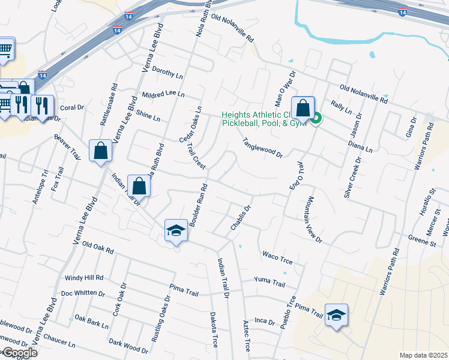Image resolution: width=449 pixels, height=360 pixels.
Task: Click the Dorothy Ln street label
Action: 167,73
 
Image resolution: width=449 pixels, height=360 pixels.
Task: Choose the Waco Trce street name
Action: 277,256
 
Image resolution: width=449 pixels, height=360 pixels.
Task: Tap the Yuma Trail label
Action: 269,281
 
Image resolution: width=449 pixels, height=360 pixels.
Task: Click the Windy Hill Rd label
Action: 84,278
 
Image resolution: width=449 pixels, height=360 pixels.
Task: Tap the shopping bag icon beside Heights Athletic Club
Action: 303,109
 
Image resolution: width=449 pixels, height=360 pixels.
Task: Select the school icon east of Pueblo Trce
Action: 336,314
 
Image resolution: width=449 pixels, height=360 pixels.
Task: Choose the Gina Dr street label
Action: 412,128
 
